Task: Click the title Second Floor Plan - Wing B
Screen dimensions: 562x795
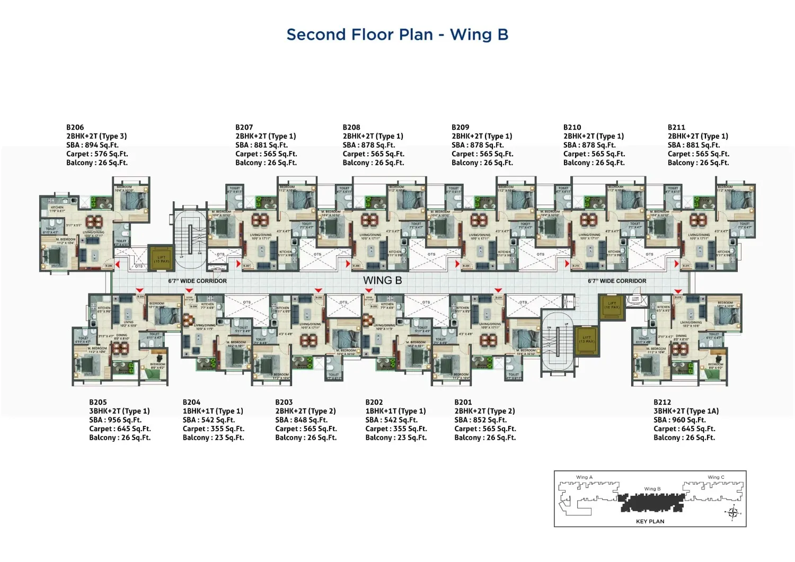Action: (x=397, y=35)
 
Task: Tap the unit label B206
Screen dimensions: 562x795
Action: (x=75, y=127)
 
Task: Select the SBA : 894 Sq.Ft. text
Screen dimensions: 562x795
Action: (x=92, y=145)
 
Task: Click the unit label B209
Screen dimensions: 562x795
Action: (x=460, y=127)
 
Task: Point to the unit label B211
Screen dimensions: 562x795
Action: (x=676, y=127)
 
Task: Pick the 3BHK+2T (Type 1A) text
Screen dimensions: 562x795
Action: (x=686, y=411)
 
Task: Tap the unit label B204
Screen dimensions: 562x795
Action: (x=191, y=402)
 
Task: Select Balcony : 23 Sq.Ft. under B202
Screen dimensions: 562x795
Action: (x=396, y=438)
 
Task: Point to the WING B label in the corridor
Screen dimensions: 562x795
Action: (x=382, y=281)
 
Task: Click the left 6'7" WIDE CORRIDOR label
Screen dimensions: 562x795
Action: (x=197, y=281)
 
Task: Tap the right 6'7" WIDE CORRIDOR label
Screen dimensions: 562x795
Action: (x=617, y=281)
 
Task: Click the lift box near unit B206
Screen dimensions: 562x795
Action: (x=161, y=256)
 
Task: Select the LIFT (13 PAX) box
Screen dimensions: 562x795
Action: (x=586, y=338)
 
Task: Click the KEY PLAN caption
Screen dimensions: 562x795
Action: (x=650, y=521)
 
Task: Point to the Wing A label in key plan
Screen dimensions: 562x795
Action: (x=584, y=477)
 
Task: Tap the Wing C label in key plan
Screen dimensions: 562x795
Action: (x=715, y=477)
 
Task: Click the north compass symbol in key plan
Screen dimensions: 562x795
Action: (x=734, y=512)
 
